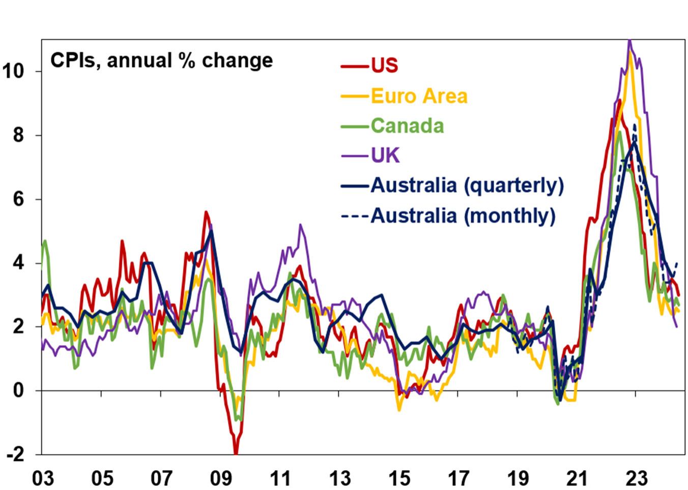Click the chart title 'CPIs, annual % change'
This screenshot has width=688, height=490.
click(x=161, y=60)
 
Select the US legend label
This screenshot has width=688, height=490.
click(x=384, y=66)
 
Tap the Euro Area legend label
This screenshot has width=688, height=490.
click(x=419, y=96)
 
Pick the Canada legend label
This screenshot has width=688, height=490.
click(x=407, y=126)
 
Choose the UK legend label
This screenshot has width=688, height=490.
click(x=385, y=156)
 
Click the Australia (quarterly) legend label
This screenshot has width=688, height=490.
click(x=467, y=185)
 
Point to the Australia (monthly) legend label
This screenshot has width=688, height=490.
click(x=463, y=216)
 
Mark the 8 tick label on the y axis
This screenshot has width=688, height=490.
click(x=19, y=135)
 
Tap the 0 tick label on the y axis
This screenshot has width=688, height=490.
click(x=19, y=390)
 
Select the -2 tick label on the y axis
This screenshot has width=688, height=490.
click(x=15, y=454)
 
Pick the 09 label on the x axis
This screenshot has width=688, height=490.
click(x=221, y=478)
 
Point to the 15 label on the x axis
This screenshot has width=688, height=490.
click(x=399, y=478)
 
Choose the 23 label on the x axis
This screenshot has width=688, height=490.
click(x=636, y=478)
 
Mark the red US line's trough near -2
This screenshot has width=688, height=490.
click(x=236, y=452)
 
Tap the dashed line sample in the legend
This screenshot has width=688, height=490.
click(x=355, y=216)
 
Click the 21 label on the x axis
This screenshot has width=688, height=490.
click(x=577, y=478)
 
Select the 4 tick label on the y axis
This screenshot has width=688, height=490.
click(x=19, y=263)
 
